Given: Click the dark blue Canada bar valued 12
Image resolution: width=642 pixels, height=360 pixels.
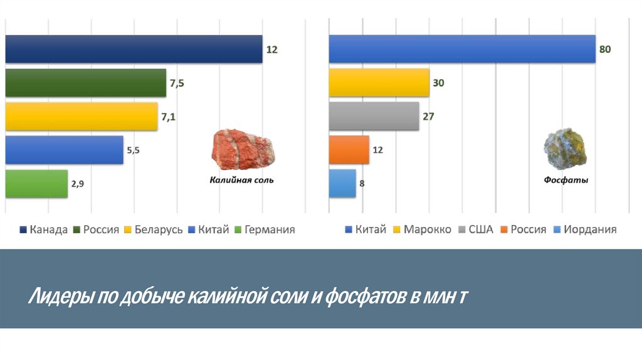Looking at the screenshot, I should click(134, 49).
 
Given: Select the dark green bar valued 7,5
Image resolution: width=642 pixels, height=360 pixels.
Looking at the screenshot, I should click(86, 83).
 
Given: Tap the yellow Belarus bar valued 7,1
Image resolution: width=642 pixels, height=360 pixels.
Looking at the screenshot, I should click(82, 117).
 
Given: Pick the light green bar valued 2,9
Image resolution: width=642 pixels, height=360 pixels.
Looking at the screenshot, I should click(36, 184).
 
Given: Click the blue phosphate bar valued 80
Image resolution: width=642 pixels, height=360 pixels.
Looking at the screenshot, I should click(462, 49).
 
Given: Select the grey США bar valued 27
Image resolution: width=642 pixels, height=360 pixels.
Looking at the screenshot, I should click(374, 116).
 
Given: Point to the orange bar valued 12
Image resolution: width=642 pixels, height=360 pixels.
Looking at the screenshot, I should click(349, 150).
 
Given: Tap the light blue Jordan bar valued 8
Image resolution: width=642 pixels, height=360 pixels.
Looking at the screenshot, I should click(342, 184).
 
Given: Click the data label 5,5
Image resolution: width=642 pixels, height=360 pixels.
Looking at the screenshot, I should click(133, 151).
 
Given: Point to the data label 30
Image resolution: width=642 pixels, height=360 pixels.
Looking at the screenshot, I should click(438, 83).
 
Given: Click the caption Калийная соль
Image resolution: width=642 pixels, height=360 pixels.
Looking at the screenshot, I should click(241, 181).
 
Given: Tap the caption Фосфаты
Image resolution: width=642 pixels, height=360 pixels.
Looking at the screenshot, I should click(566, 181).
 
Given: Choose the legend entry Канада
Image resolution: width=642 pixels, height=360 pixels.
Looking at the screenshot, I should click(43, 230).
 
